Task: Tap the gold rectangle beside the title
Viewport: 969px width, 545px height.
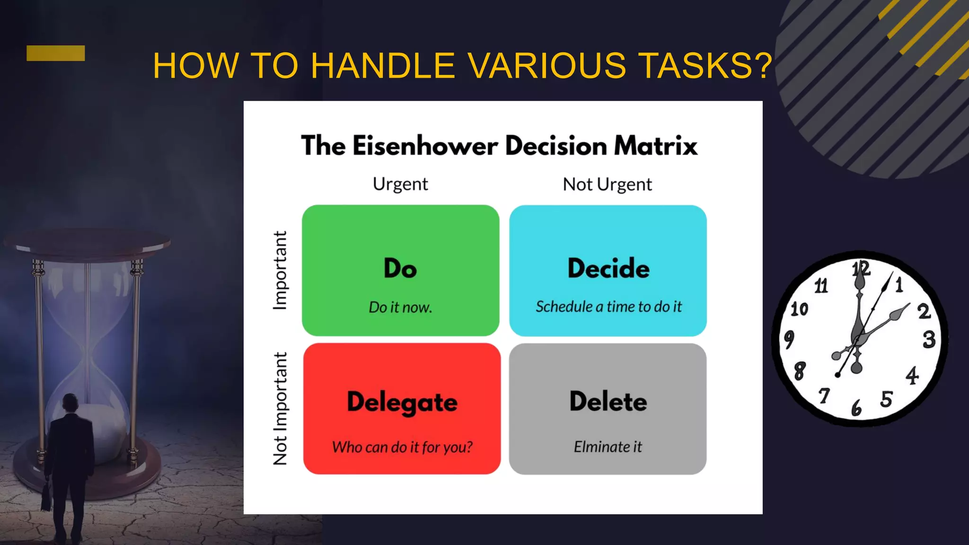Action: [55, 53]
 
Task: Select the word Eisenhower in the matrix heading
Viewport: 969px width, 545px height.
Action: [425, 145]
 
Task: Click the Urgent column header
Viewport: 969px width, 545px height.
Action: [400, 184]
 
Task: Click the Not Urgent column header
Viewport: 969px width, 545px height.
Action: [607, 185]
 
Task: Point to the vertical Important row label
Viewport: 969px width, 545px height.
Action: [280, 271]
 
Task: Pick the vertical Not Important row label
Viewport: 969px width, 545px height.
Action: [280, 408]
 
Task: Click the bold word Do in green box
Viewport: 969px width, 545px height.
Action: [400, 268]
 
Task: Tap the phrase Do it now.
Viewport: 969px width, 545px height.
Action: [400, 308]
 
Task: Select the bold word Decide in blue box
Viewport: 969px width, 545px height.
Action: [608, 268]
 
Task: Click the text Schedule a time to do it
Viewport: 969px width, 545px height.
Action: [608, 307]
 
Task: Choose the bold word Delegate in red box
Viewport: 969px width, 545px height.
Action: [402, 402]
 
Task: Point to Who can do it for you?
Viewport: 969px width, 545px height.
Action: [402, 447]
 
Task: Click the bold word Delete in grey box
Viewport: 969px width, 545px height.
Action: [608, 402]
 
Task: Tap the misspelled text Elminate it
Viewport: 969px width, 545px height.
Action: [608, 447]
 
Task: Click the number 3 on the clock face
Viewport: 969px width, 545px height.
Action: [929, 339]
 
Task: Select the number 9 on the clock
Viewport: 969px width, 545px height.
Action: [789, 339]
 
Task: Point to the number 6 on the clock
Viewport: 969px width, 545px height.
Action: [856, 408]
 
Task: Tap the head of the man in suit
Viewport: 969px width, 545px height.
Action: [70, 403]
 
